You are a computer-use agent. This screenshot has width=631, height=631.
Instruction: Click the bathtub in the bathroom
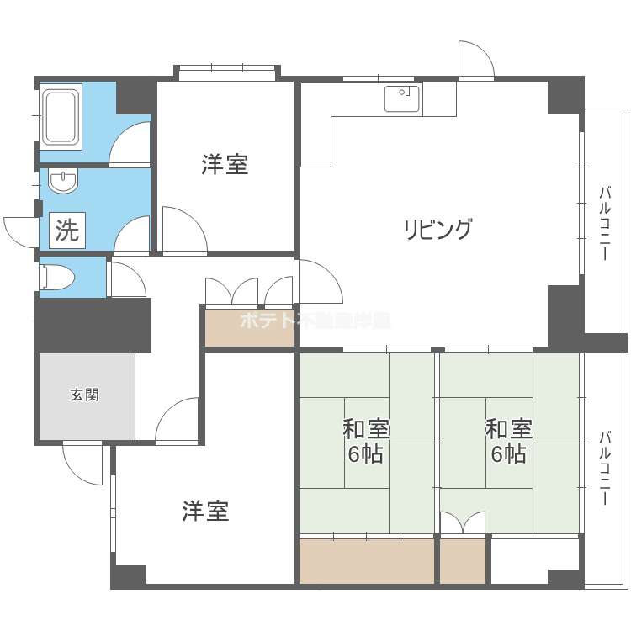pyautogui.click(x=61, y=116)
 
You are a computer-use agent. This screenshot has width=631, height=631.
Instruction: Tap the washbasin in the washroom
pyautogui.click(x=64, y=182)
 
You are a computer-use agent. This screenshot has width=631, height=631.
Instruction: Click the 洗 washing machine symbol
pyautogui.click(x=66, y=230)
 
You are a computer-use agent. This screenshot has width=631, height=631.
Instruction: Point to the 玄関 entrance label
pyautogui.click(x=84, y=395)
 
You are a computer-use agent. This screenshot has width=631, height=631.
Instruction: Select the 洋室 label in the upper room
pyautogui.click(x=225, y=164)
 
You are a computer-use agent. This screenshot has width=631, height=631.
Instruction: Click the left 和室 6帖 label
pyautogui.click(x=365, y=442)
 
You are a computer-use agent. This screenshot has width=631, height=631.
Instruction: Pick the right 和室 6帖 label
pyautogui.click(x=509, y=442)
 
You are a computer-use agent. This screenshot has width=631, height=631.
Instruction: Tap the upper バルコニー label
pyautogui.click(x=604, y=223)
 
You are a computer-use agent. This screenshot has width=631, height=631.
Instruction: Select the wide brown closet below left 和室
pyautogui.click(x=366, y=561)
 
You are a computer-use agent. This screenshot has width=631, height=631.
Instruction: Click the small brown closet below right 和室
pyautogui.click(x=463, y=561)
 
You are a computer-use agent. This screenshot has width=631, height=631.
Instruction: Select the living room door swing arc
pyautogui.click(x=318, y=282)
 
